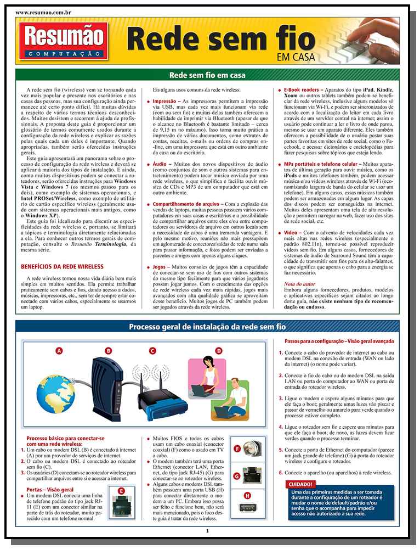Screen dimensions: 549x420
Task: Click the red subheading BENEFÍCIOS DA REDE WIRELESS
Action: click(62, 267)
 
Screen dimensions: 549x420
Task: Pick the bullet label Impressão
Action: click(164, 102)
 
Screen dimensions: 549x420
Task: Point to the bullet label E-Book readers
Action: click(302, 89)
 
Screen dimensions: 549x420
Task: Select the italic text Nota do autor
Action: click(300, 284)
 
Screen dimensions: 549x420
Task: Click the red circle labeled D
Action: click(218, 350)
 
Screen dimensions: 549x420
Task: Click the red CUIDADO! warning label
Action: click(300, 484)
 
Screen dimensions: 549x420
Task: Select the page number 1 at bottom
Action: click(207, 530)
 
